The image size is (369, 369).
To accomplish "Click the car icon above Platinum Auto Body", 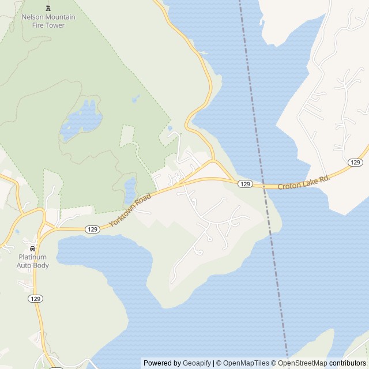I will [32, 248].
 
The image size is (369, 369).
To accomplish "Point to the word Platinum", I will [32, 257].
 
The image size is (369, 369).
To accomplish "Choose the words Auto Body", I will [32, 266].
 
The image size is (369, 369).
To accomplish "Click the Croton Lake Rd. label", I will [304, 182].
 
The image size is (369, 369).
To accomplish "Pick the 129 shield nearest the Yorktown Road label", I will [92, 229].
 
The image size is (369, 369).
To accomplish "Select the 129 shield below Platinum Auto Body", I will [36, 298].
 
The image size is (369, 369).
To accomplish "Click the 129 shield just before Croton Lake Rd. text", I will [245, 183].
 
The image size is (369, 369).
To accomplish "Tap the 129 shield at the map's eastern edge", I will [355, 163].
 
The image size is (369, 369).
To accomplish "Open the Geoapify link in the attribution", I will [197, 363].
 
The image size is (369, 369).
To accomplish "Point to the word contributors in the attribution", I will [348, 363].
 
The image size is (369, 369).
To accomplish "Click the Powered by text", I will [163, 363].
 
